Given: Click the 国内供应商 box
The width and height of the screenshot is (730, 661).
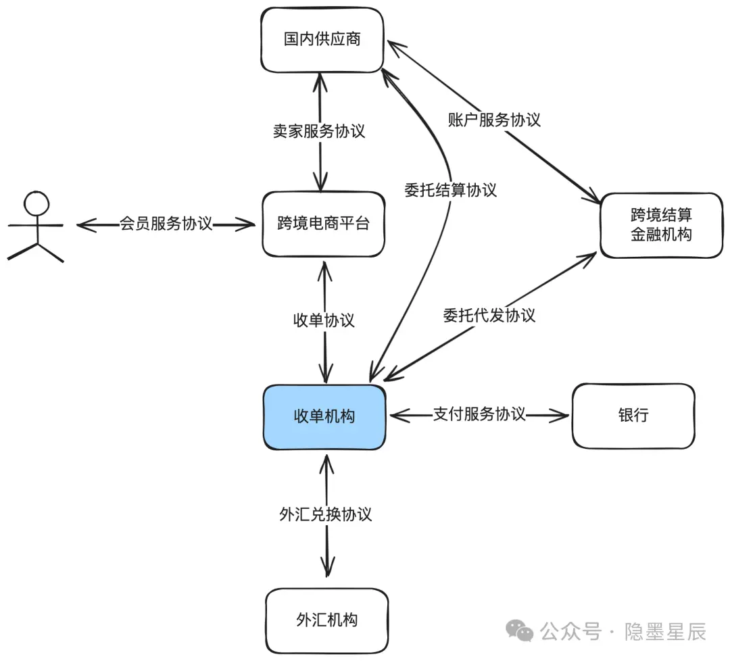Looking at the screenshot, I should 322,39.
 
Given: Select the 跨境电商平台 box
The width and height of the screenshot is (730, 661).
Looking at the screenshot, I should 323,224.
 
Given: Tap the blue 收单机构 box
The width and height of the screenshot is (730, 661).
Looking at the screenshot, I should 324,417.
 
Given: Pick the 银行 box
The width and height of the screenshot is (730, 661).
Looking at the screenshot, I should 633,415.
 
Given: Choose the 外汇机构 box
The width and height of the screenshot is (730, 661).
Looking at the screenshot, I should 326,620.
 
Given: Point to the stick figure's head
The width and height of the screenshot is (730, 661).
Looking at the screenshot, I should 36,203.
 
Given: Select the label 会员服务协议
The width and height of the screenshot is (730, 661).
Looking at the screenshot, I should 166,224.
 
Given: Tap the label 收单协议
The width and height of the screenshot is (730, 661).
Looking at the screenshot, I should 323,320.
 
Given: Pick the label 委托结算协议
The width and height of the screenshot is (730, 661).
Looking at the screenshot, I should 450,190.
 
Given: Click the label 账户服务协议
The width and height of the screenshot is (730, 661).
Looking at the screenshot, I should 494,120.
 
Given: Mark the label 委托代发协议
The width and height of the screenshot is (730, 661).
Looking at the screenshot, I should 489,315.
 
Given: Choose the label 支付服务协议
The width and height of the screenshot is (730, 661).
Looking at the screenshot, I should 479,414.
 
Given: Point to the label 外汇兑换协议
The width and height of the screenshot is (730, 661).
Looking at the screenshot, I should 325,514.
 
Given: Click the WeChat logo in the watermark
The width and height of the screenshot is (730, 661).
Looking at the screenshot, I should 520,632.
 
